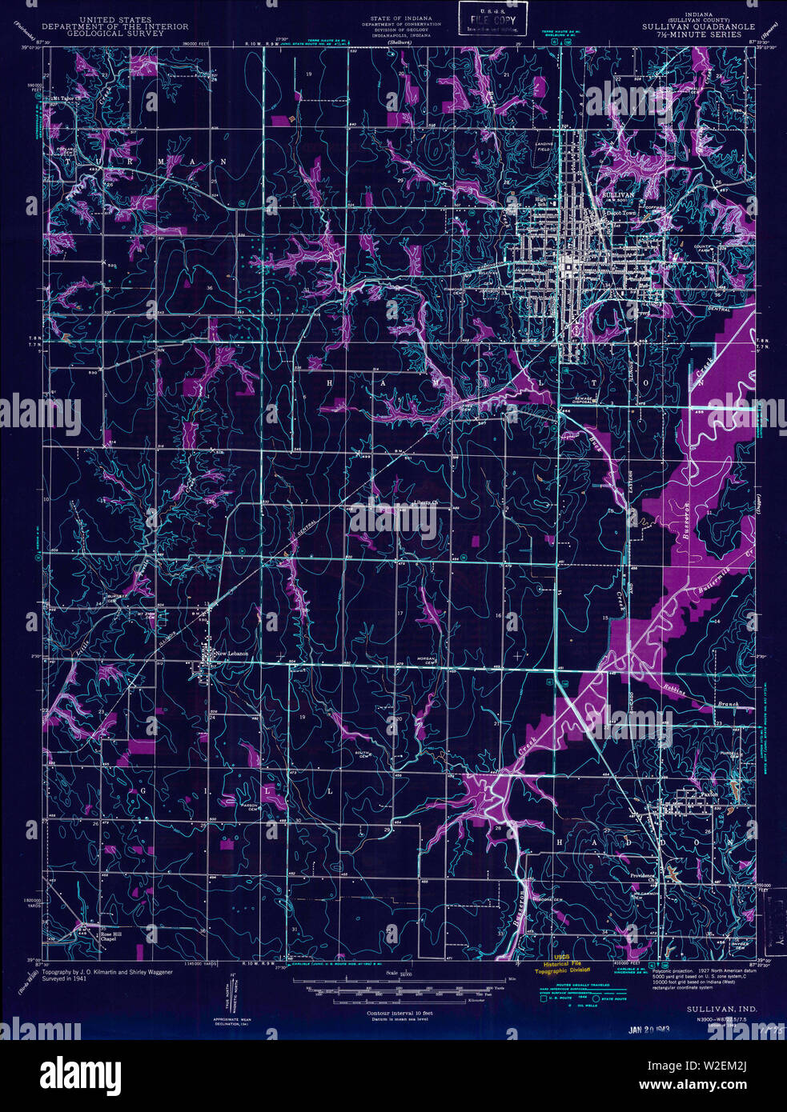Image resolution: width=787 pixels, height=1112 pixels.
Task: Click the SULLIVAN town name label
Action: coord(617,194)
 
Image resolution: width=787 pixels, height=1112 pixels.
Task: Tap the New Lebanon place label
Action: coord(232,654)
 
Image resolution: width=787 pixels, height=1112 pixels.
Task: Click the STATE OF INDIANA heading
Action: coord(401,18)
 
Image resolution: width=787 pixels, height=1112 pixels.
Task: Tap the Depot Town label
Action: coord(624,214)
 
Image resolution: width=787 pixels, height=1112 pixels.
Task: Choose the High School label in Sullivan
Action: coord(545,202)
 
